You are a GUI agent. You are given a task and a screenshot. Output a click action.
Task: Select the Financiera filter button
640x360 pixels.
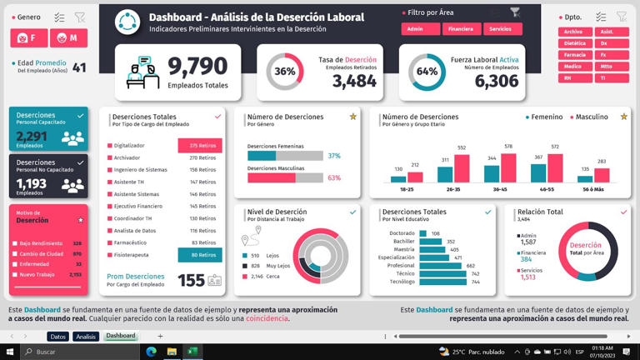pos(461,29)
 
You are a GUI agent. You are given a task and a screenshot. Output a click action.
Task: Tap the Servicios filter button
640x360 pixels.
pos(502,29)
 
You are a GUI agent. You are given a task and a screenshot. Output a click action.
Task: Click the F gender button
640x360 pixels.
pos(29,38)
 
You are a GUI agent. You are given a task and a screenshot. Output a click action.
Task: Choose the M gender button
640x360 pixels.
pos(68,38)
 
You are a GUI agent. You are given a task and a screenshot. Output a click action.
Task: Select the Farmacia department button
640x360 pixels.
pos(574,54)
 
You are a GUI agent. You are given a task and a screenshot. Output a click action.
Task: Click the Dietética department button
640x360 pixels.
pos(574,43)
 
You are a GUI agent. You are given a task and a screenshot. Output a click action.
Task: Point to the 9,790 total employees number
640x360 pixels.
pos(197,66)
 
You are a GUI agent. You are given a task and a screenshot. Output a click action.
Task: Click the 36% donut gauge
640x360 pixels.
pos(285,72)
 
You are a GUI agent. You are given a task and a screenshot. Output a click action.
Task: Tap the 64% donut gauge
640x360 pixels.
pos(427,72)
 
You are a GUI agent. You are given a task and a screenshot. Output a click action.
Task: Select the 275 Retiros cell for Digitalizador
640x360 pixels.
pos(200,146)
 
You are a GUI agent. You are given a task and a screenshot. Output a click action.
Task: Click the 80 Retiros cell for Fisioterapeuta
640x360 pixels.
pos(200,255)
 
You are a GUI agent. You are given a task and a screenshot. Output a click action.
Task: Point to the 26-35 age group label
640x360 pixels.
pos(453,189)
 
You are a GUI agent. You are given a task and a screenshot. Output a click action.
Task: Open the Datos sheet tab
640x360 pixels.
pos(57,336)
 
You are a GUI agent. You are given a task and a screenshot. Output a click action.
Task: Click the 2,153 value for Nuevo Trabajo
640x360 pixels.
pos(75,274)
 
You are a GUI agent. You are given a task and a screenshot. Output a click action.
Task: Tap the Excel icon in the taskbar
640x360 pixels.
pos(192,352)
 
